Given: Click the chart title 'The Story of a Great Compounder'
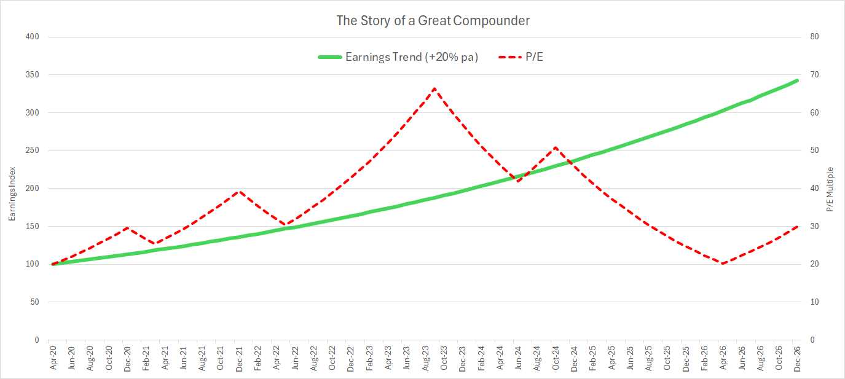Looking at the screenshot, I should (x=433, y=20).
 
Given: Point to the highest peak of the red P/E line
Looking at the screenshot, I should (x=434, y=88).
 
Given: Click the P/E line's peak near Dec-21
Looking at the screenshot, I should (x=240, y=191).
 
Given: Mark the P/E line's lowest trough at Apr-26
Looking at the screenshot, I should (x=723, y=264).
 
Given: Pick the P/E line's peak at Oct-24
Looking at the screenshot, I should (x=556, y=147).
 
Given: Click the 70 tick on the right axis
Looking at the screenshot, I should (x=815, y=75).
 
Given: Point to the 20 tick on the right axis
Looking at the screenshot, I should (x=815, y=264).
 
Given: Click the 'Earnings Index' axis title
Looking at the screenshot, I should (x=11, y=189).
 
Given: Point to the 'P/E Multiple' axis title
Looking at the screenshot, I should (x=830, y=189).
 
